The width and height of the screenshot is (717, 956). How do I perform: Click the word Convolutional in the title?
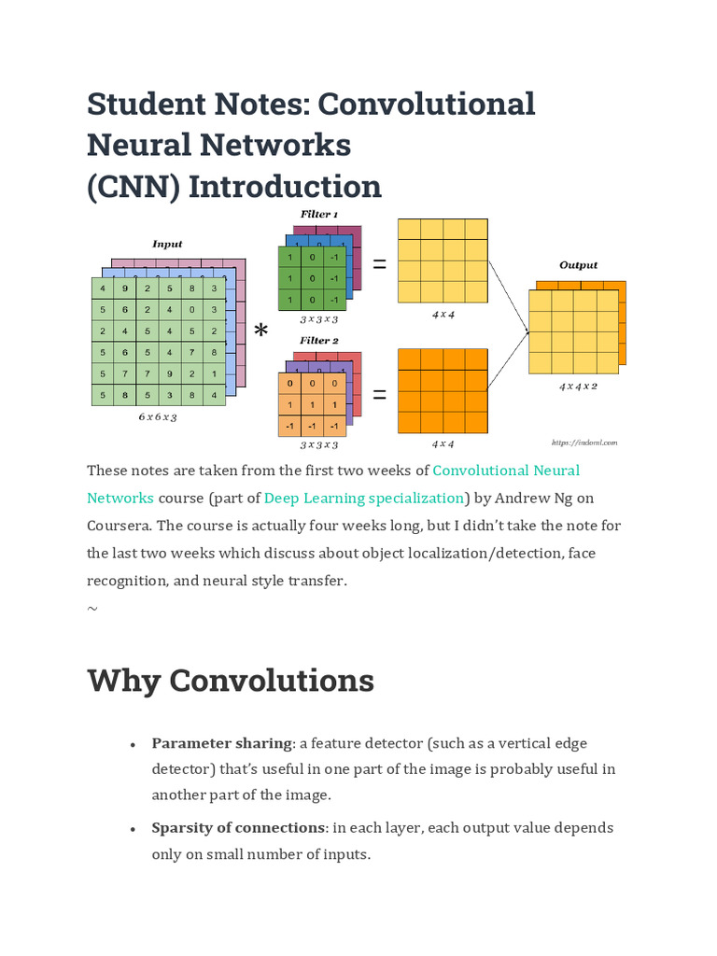[x=426, y=104]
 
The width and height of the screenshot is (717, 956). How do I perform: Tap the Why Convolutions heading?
[x=231, y=680]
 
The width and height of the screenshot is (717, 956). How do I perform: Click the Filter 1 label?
[x=318, y=214]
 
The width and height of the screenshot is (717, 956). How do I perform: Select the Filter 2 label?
[x=318, y=341]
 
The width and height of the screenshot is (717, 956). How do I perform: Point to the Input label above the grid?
[x=167, y=244]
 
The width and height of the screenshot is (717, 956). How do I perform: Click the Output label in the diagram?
[x=578, y=265]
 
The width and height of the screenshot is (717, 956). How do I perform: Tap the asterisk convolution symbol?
[x=261, y=330]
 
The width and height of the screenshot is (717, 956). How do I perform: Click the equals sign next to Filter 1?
[x=379, y=265]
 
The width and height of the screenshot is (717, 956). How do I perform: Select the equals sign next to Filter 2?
[x=379, y=395]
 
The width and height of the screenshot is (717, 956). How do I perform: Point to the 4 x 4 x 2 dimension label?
[x=578, y=386]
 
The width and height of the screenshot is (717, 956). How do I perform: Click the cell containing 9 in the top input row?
[x=124, y=288]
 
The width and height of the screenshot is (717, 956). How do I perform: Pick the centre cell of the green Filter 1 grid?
[x=312, y=278]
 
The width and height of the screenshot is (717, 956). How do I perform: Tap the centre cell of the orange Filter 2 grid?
[x=312, y=404]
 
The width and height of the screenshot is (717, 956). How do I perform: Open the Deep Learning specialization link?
[x=364, y=498]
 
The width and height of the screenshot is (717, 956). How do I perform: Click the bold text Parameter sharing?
[x=222, y=743]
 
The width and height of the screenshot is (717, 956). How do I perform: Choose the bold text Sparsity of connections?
[x=238, y=827]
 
